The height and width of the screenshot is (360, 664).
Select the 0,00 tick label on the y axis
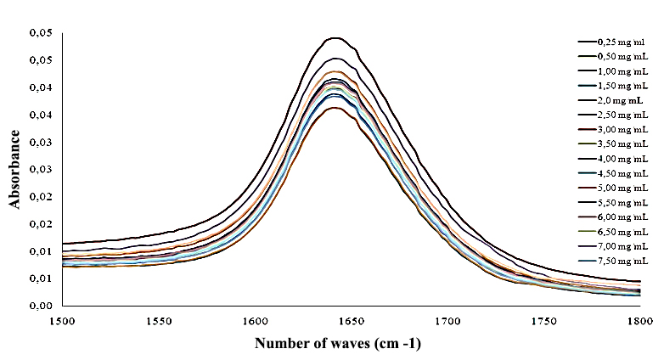pyautogui.click(x=41, y=306)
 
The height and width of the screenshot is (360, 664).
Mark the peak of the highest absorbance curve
pyautogui.click(x=335, y=37)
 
